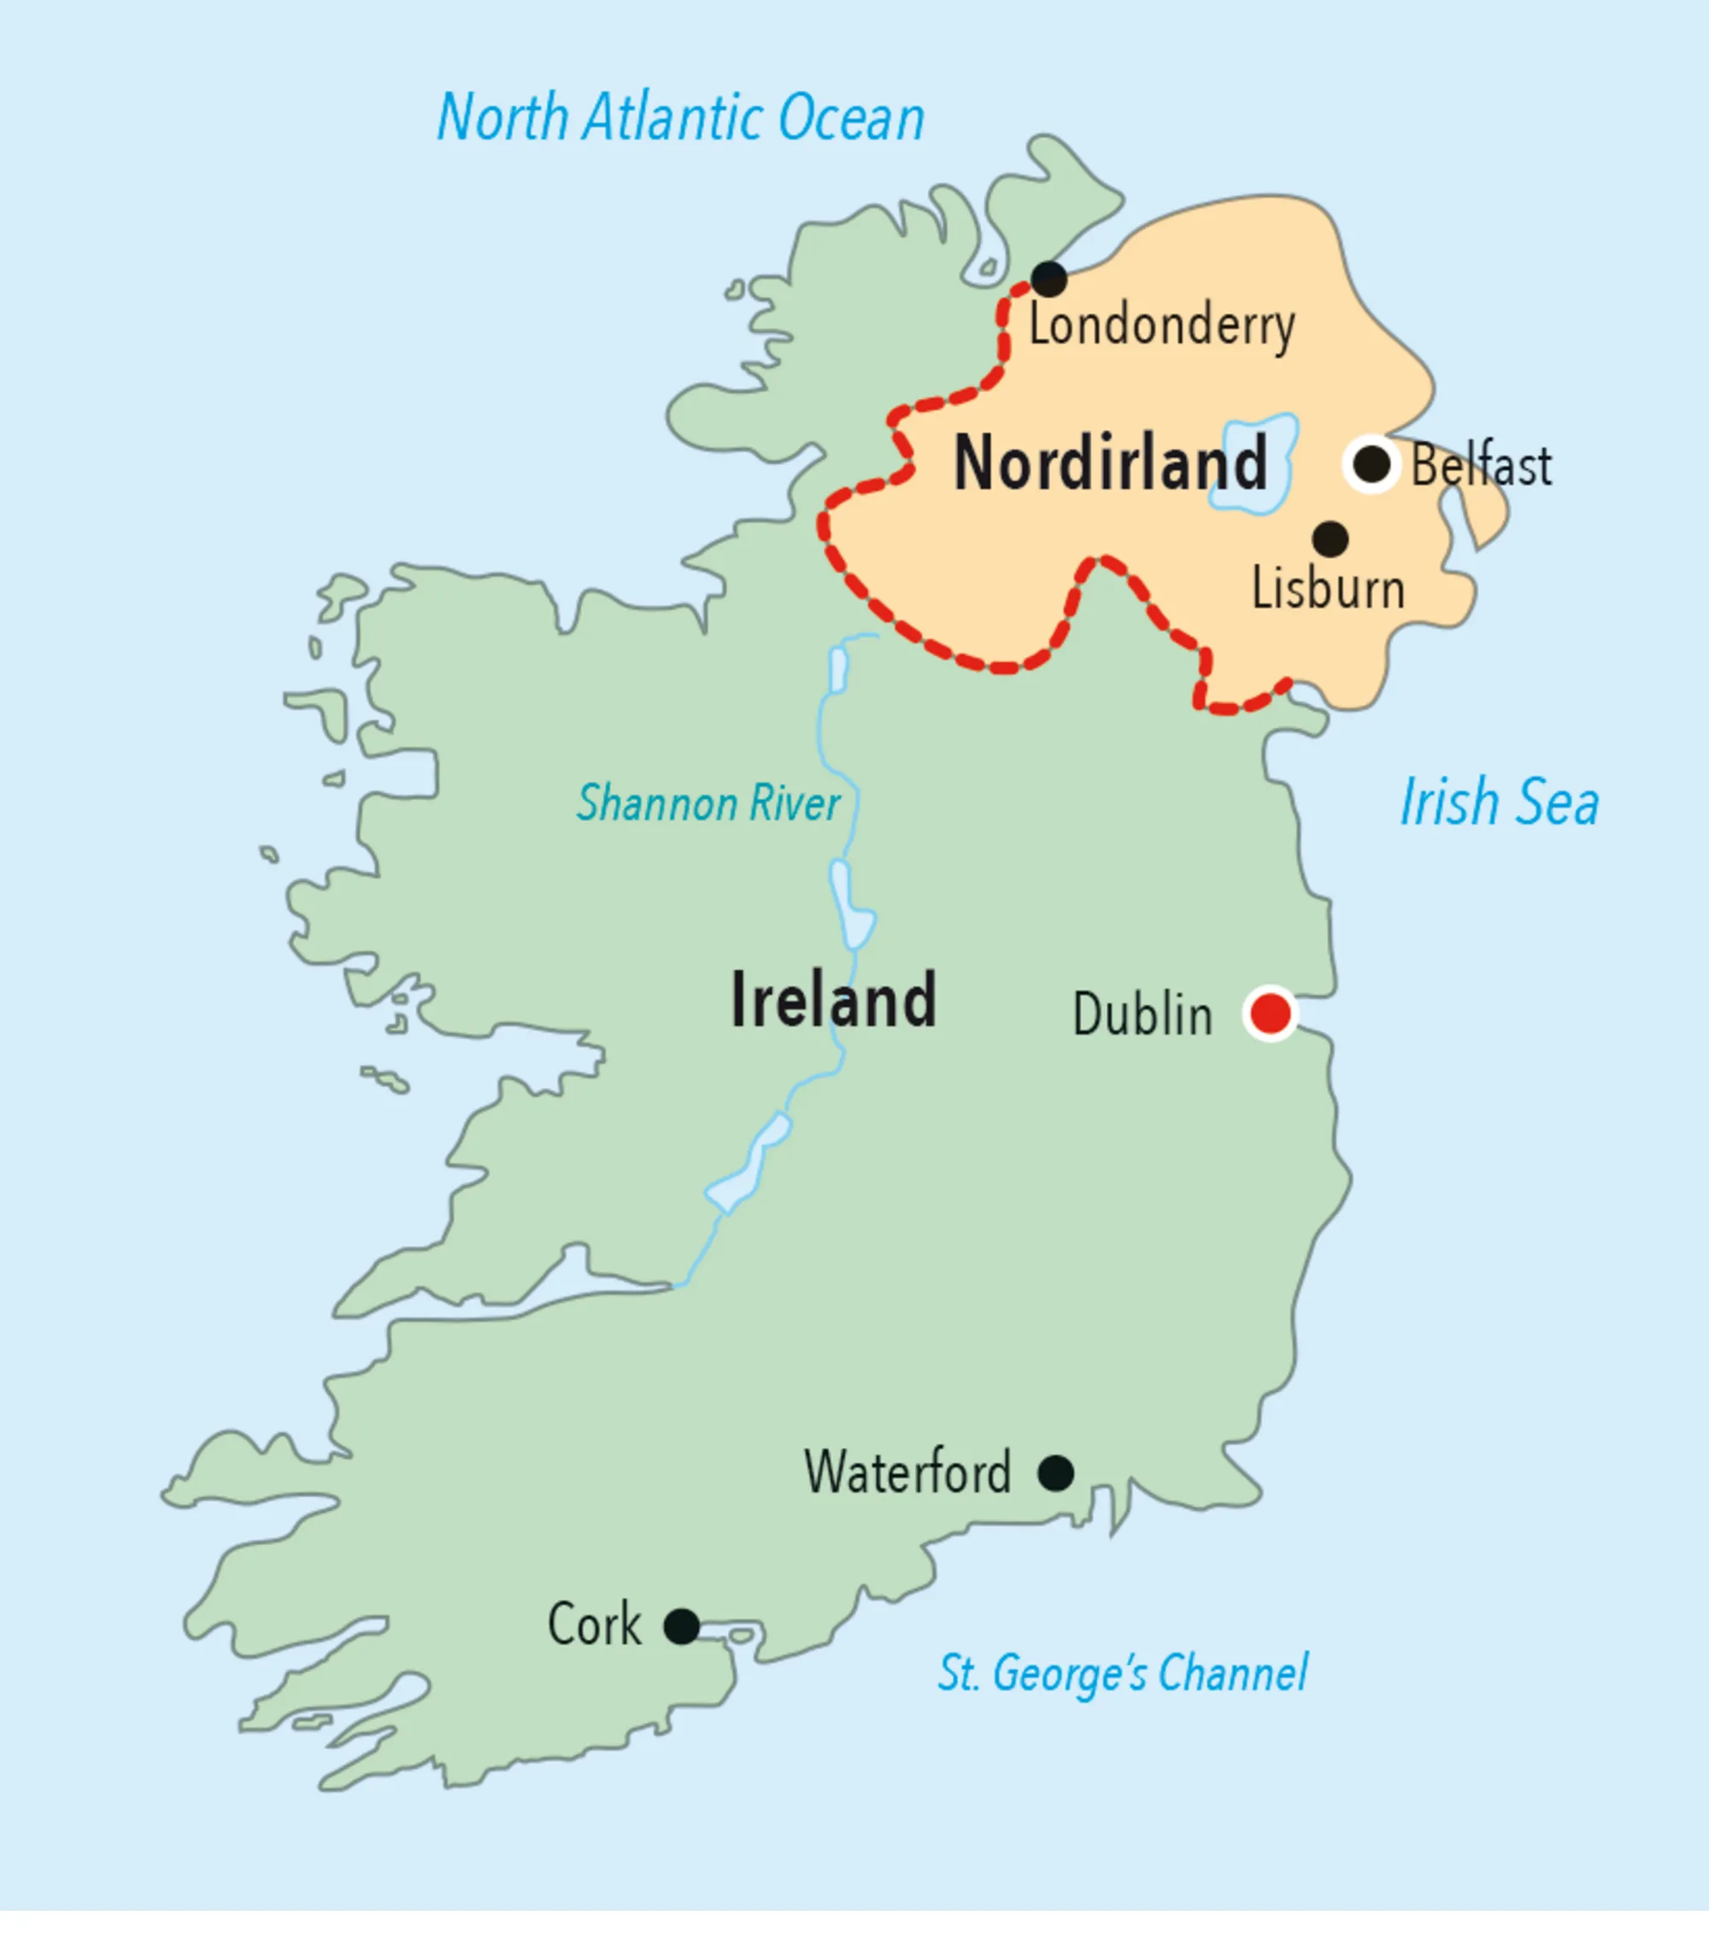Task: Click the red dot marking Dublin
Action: [1271, 1014]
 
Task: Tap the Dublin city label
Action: [1142, 1014]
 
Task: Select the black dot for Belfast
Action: [1371, 464]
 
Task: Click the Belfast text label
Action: [1481, 467]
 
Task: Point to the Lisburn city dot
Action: [1330, 538]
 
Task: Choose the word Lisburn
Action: [1327, 589]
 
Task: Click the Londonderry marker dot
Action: [1048, 279]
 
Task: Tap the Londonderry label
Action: [1161, 326]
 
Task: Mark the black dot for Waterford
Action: [1056, 1473]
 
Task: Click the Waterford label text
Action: [907, 1472]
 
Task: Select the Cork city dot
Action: [681, 1626]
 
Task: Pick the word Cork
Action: [594, 1625]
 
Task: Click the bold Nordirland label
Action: [1109, 463]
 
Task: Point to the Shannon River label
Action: [708, 803]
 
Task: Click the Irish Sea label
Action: [1499, 802]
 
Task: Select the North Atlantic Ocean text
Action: [680, 118]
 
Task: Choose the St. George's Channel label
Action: [1122, 1673]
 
